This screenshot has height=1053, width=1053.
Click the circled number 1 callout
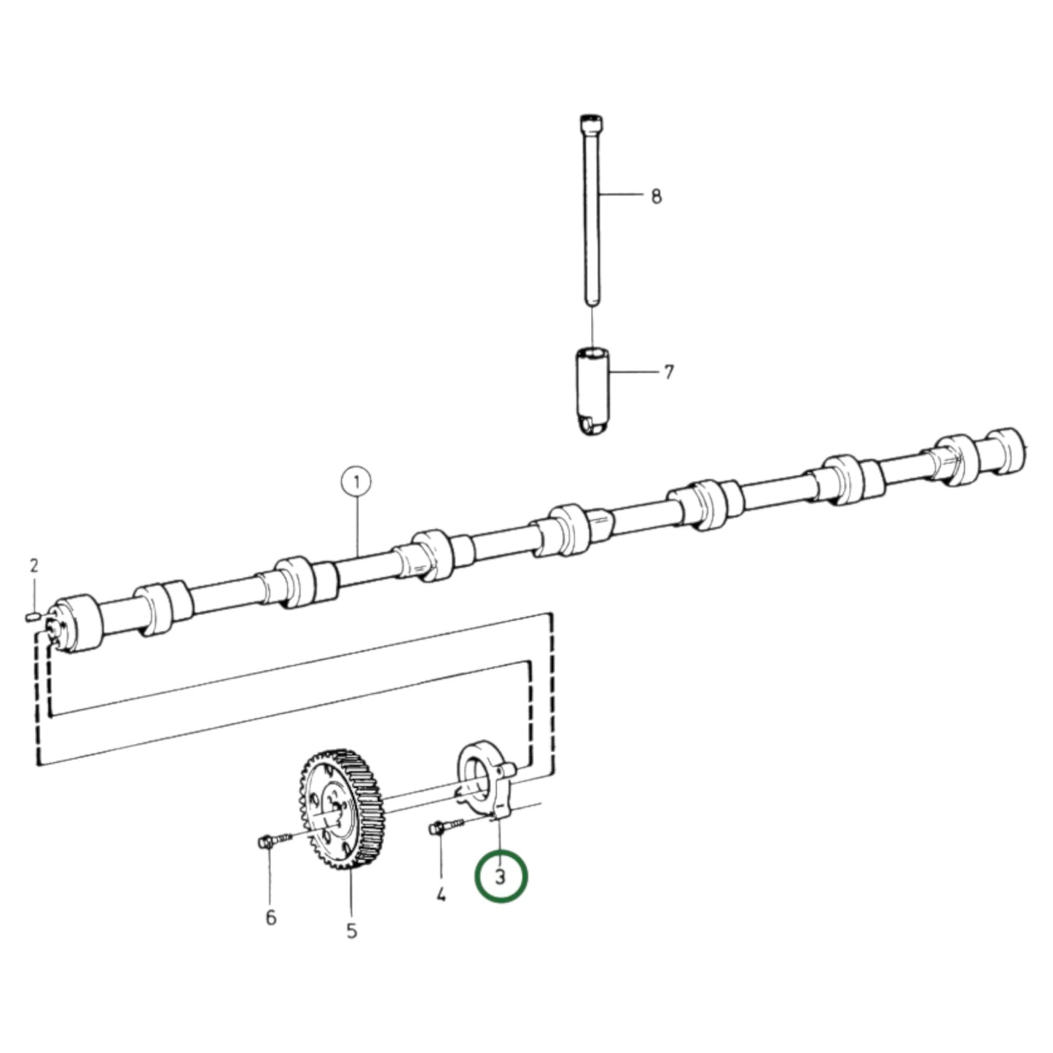point(356,482)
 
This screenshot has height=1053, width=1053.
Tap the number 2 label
point(34,565)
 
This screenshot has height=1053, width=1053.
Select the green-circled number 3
point(500,877)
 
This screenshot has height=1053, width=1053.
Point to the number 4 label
point(441,894)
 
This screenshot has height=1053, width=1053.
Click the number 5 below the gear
point(351,931)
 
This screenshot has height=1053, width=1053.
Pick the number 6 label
point(270,917)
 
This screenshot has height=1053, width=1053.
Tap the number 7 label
point(669,372)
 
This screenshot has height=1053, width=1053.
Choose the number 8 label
point(656,196)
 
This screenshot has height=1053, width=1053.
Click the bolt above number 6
point(273,841)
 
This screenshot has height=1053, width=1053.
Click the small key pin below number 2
point(31,617)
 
